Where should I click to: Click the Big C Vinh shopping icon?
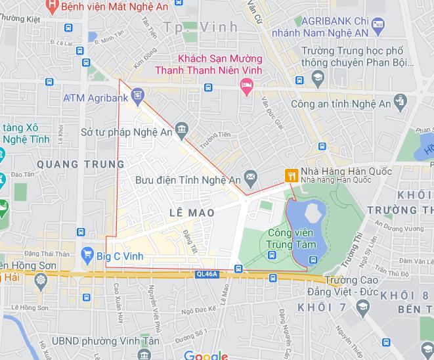(x=87, y=254)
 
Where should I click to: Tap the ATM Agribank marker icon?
(x=137, y=97)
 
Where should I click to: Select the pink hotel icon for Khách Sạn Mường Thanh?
(x=247, y=85)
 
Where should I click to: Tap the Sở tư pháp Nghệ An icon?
(x=182, y=127)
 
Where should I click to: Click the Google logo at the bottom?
(x=206, y=355)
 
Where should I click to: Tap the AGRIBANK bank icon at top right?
(x=377, y=26)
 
